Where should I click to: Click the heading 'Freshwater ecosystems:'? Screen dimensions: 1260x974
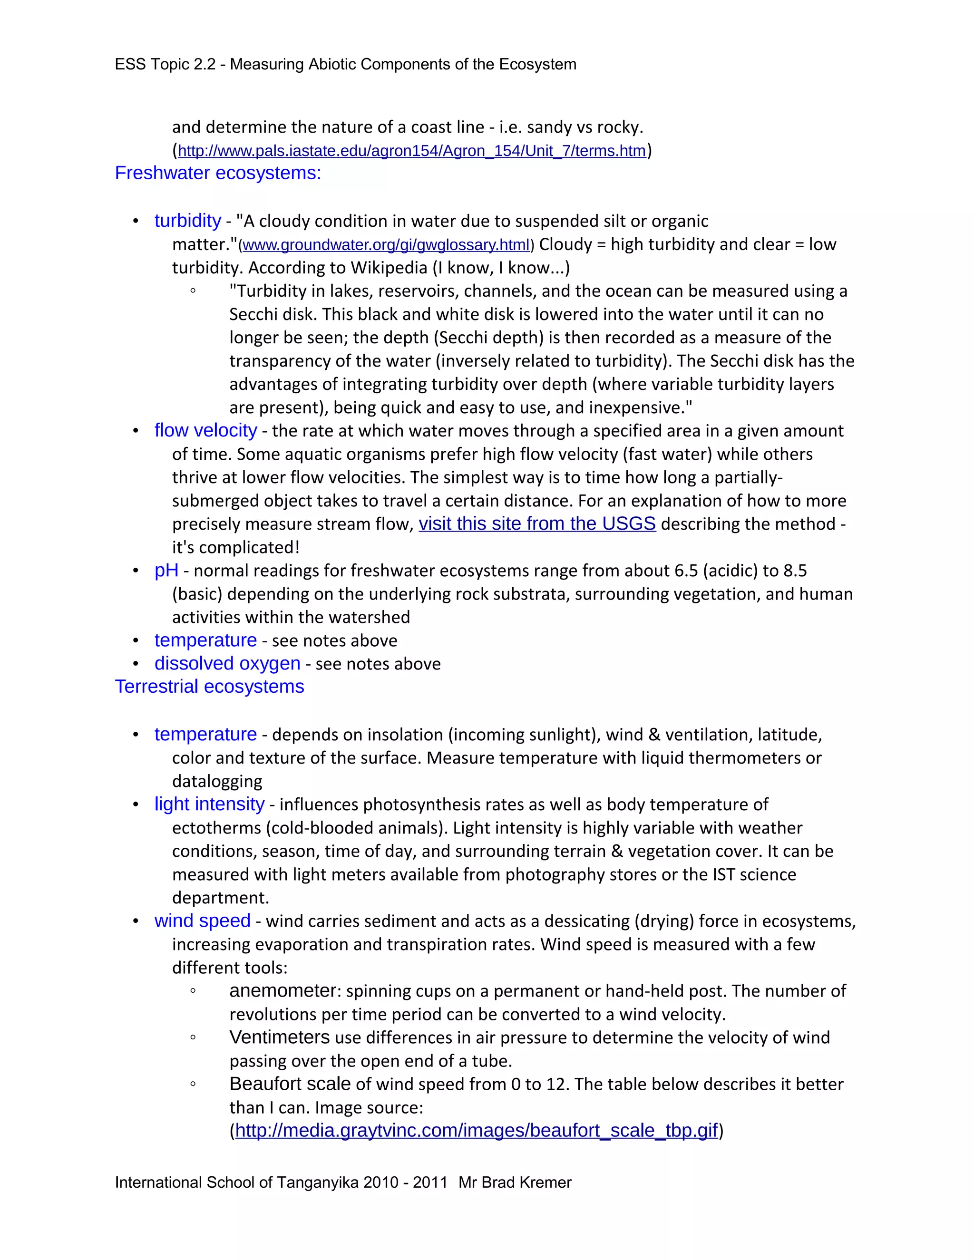[217, 173]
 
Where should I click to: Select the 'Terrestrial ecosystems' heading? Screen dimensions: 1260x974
[209, 687]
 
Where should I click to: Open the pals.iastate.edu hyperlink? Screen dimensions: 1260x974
[411, 151]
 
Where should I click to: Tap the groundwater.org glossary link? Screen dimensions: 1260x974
[385, 245]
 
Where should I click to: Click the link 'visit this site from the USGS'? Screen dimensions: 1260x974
[536, 524]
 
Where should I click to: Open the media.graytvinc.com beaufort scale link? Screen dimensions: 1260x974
[476, 1130]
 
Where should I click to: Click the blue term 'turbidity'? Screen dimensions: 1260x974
[187, 221]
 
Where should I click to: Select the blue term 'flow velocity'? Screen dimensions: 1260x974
[205, 430]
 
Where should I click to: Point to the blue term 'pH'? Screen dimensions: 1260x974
[166, 571]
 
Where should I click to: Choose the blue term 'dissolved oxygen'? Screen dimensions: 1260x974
[227, 663]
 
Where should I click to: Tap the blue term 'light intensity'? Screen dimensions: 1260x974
[209, 804]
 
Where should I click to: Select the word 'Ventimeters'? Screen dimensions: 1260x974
[279, 1037]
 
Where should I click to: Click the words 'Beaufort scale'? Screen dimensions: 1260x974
[290, 1084]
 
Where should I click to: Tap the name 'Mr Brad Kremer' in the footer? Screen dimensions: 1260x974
[515, 1182]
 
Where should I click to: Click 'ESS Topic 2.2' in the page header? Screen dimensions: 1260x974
[165, 64]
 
